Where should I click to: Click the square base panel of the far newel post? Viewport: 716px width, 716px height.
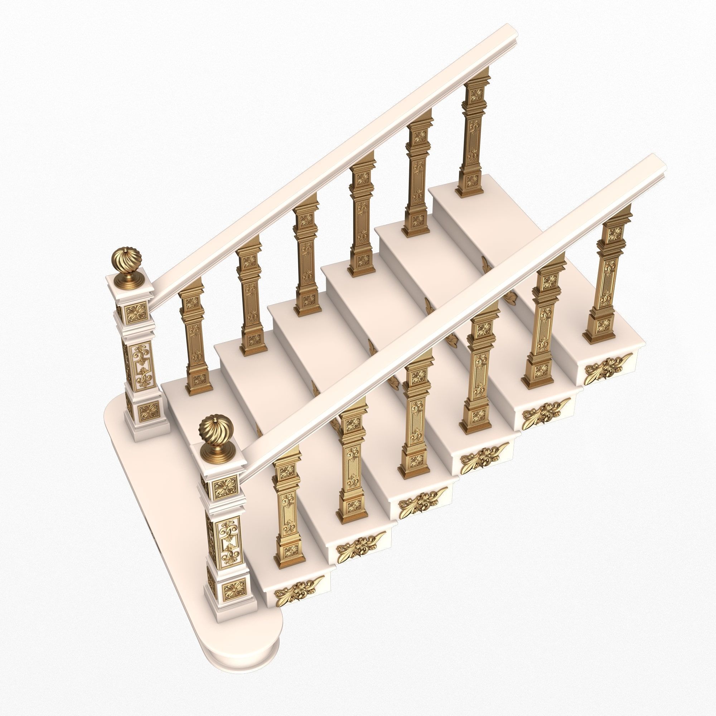click(x=149, y=411)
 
